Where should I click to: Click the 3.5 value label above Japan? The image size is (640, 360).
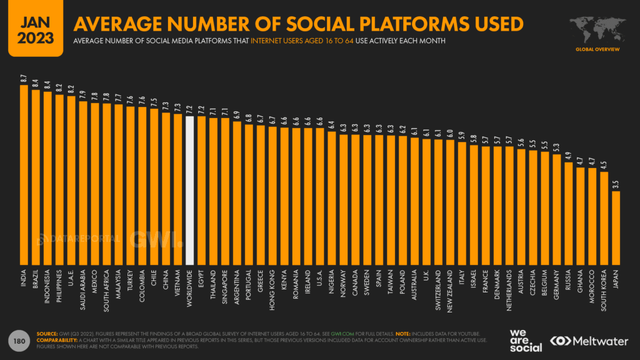click(x=616, y=184)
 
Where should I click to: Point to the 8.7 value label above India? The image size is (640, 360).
click(x=24, y=79)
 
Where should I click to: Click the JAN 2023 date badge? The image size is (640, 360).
click(x=31, y=28)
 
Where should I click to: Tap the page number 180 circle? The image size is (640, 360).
click(x=19, y=341)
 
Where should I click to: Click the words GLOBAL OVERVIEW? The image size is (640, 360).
click(x=599, y=48)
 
